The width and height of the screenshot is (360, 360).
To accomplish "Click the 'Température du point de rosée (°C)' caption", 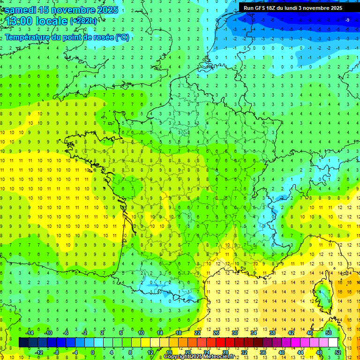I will tap(67, 37).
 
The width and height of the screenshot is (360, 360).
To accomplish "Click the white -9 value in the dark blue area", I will tap(347, 20).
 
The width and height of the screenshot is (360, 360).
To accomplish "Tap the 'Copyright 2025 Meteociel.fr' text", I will tap(199, 357).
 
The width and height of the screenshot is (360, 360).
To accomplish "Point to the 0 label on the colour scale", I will tap(92, 352).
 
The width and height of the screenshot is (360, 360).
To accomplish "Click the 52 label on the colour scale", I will tap(338, 352).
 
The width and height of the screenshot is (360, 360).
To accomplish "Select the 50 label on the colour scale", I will tap(329, 333).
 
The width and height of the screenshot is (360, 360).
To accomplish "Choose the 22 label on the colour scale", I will tap(197, 333).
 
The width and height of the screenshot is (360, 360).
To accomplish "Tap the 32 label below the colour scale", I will tap(244, 352).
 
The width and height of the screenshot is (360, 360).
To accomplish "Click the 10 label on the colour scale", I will tap(141, 333).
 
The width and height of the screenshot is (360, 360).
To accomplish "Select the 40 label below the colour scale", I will tap(282, 352).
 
